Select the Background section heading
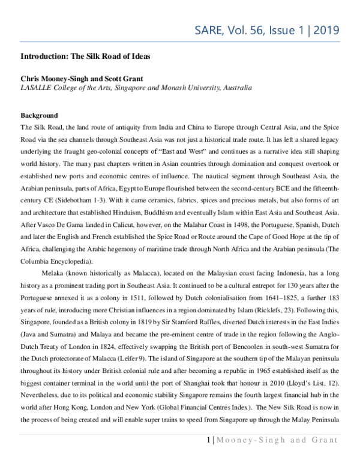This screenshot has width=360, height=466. (x=39, y=115)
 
